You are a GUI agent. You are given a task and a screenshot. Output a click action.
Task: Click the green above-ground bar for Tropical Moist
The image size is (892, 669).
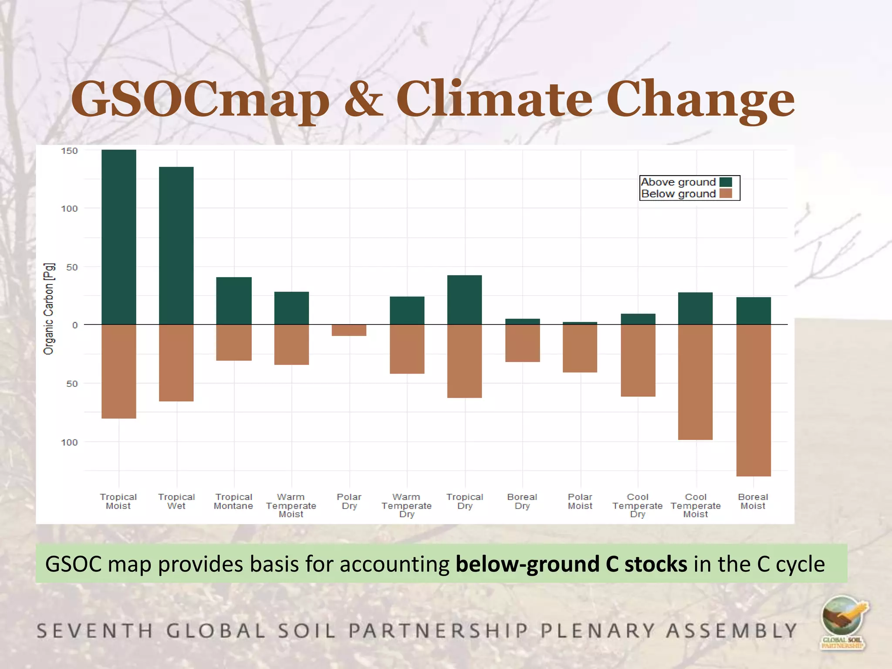pos(118,237)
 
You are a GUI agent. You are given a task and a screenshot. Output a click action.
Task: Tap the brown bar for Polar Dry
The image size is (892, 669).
pos(349,330)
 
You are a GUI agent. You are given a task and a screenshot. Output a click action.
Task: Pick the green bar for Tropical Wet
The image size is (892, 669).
pos(176,246)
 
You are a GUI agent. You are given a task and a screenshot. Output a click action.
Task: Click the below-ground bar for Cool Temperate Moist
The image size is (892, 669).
pos(695,382)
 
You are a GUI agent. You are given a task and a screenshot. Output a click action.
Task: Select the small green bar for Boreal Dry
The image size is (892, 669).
pos(522,321)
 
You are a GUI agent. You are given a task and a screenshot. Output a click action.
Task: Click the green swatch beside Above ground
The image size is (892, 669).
pos(726,182)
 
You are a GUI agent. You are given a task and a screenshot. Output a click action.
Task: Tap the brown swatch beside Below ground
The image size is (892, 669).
pos(726,193)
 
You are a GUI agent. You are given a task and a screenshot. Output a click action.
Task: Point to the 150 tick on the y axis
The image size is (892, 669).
pos(69,151)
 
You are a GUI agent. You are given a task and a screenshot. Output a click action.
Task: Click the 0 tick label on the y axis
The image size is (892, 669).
pos(75,325)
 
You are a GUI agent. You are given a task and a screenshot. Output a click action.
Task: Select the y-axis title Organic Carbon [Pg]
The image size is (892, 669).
pos(49,309)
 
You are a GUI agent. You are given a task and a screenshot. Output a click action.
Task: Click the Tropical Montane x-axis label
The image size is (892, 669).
pos(233,501)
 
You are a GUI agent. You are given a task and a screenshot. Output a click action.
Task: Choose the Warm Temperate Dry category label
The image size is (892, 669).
pos(406,505)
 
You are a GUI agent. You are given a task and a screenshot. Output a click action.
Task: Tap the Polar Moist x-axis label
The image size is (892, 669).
pos(580,501)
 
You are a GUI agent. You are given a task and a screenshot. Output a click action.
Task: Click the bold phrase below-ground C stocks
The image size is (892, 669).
pos(571,564)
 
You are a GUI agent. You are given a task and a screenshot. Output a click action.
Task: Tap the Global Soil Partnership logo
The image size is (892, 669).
pos(843,623)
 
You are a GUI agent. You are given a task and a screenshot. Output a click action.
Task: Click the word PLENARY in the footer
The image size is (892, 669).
pos(598,631)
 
